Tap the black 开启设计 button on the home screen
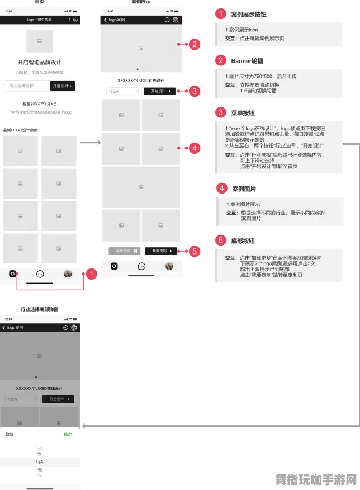click(63, 86)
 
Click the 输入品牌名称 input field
click(26, 86)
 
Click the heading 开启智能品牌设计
click(40, 62)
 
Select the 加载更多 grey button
click(124, 251)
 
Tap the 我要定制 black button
click(160, 251)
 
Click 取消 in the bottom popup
click(10, 434)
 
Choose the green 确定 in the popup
click(68, 434)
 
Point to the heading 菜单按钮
click(243, 112)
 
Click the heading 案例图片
click(244, 189)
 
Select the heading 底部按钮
click(243, 241)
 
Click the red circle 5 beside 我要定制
click(195, 251)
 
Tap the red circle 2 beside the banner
click(194, 44)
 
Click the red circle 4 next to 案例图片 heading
click(221, 189)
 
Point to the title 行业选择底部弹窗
click(40, 309)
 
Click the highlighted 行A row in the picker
click(40, 462)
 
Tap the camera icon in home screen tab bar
click(12, 274)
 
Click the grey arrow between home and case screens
click(90, 143)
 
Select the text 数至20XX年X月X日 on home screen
click(40, 104)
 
